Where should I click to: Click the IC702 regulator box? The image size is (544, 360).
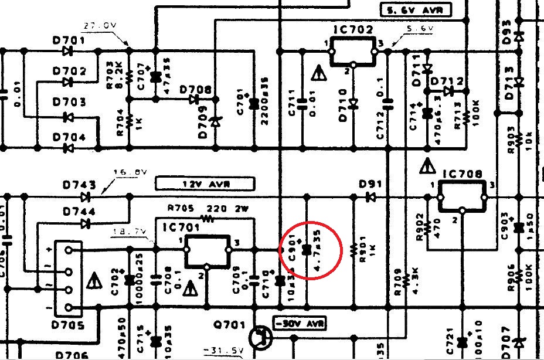[353, 52]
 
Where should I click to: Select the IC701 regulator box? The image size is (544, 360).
[208, 250]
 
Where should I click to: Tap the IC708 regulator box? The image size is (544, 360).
[461, 195]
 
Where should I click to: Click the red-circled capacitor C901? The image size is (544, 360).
[305, 250]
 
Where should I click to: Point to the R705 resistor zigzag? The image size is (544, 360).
[206, 218]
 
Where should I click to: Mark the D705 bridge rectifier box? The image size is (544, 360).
[70, 279]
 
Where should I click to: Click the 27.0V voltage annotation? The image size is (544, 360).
[100, 26]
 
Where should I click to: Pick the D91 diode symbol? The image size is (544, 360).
[370, 197]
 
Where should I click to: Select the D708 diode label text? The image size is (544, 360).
[195, 90]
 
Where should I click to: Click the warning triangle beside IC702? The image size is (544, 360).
[317, 74]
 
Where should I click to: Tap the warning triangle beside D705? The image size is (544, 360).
[93, 282]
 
